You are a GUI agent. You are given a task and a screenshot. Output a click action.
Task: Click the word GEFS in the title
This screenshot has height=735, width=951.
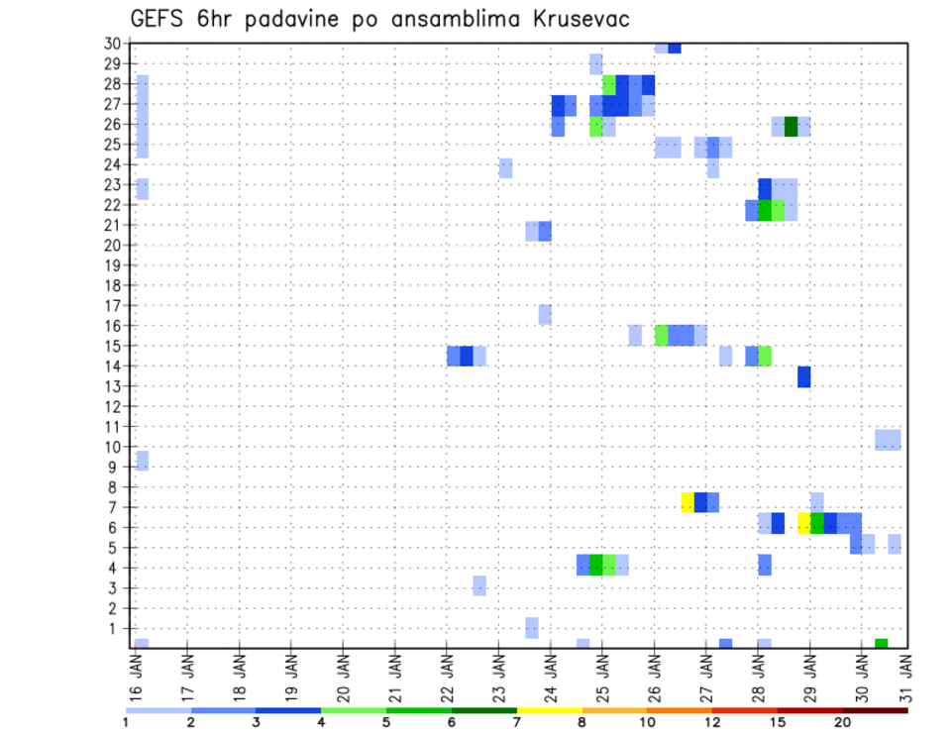(162, 19)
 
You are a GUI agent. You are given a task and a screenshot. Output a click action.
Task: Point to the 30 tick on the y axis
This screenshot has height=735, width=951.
(112, 44)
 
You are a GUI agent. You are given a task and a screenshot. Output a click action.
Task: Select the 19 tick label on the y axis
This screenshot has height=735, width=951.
(112, 265)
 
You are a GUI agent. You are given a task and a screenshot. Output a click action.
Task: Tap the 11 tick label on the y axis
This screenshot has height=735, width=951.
(112, 427)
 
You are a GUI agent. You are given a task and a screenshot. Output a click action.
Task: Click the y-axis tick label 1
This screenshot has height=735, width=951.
(116, 628)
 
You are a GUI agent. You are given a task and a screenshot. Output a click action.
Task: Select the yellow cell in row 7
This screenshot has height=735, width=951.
(687, 502)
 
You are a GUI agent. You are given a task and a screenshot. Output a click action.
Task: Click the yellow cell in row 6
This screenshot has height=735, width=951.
(803, 523)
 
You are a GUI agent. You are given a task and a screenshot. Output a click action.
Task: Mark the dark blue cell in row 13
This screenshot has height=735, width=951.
(803, 376)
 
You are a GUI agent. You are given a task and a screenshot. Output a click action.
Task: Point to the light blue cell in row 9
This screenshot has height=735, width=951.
(143, 461)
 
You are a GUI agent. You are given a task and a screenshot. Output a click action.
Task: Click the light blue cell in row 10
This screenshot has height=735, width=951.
(888, 440)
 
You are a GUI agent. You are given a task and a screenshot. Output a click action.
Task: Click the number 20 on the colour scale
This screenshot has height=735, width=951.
(842, 722)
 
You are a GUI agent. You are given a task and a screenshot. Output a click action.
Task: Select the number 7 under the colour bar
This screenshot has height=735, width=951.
(517, 722)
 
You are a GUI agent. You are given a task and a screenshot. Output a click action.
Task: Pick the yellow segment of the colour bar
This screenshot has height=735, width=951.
(549, 710)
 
